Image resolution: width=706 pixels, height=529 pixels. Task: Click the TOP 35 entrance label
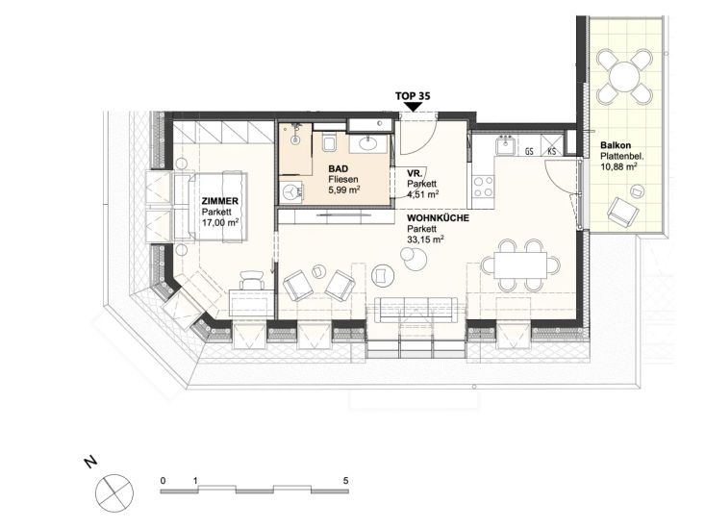pos(413,96)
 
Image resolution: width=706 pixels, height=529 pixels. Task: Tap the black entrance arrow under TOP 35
pos(413,107)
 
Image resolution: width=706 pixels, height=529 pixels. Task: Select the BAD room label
pos(339,169)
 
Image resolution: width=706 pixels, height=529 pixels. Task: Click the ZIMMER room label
pos(220,202)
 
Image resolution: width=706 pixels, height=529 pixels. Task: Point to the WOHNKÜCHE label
pos(438,218)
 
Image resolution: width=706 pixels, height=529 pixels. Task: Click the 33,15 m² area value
pos(425,239)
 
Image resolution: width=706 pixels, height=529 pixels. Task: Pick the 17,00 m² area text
pos(220,222)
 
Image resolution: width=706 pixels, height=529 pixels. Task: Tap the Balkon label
pos(616,145)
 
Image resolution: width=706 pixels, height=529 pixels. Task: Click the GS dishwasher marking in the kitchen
pos(529,151)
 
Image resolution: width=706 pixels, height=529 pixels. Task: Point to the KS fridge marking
pos(551,151)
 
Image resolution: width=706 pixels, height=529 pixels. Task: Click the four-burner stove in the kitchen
pos(484,187)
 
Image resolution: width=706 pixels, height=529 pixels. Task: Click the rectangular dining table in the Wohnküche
pos(521,265)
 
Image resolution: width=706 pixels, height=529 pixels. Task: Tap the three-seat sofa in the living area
pos(416,310)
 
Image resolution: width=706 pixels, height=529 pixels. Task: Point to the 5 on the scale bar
pos(346,481)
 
